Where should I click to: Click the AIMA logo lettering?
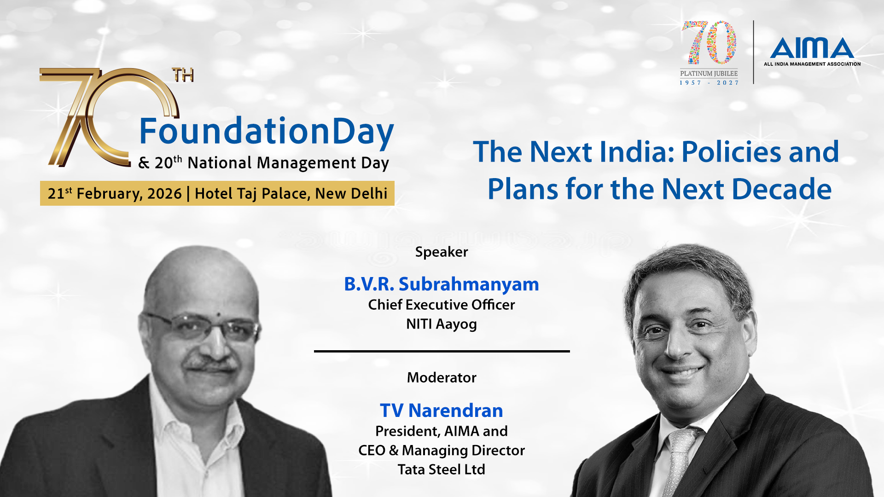812,48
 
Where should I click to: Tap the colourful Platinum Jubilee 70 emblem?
709,42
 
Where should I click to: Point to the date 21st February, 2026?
115,193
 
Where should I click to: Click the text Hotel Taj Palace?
252,194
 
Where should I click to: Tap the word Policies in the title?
732,152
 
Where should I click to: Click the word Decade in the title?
781,189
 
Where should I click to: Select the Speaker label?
442,252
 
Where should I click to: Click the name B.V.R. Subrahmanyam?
442,284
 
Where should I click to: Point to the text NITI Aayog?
442,324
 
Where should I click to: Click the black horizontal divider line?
442,351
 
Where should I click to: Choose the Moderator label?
442,377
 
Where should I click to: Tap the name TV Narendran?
442,410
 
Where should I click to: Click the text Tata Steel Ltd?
442,469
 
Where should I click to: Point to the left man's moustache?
209,364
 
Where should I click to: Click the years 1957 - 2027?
709,83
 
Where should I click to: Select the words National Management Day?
288,163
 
